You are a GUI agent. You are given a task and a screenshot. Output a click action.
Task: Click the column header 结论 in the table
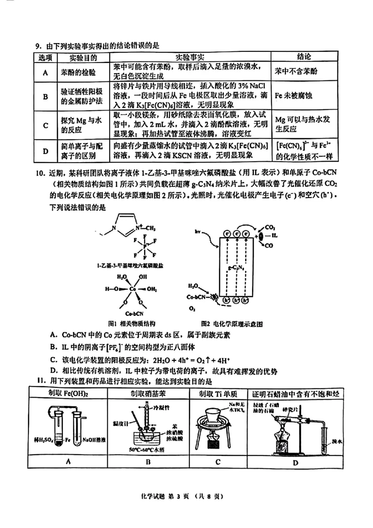(x=304, y=57)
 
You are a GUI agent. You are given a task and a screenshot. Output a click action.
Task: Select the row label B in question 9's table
(x=46, y=97)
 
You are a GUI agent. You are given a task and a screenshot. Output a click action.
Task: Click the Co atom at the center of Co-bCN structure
(x=132, y=289)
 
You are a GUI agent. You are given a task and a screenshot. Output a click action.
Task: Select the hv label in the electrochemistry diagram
(x=198, y=232)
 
